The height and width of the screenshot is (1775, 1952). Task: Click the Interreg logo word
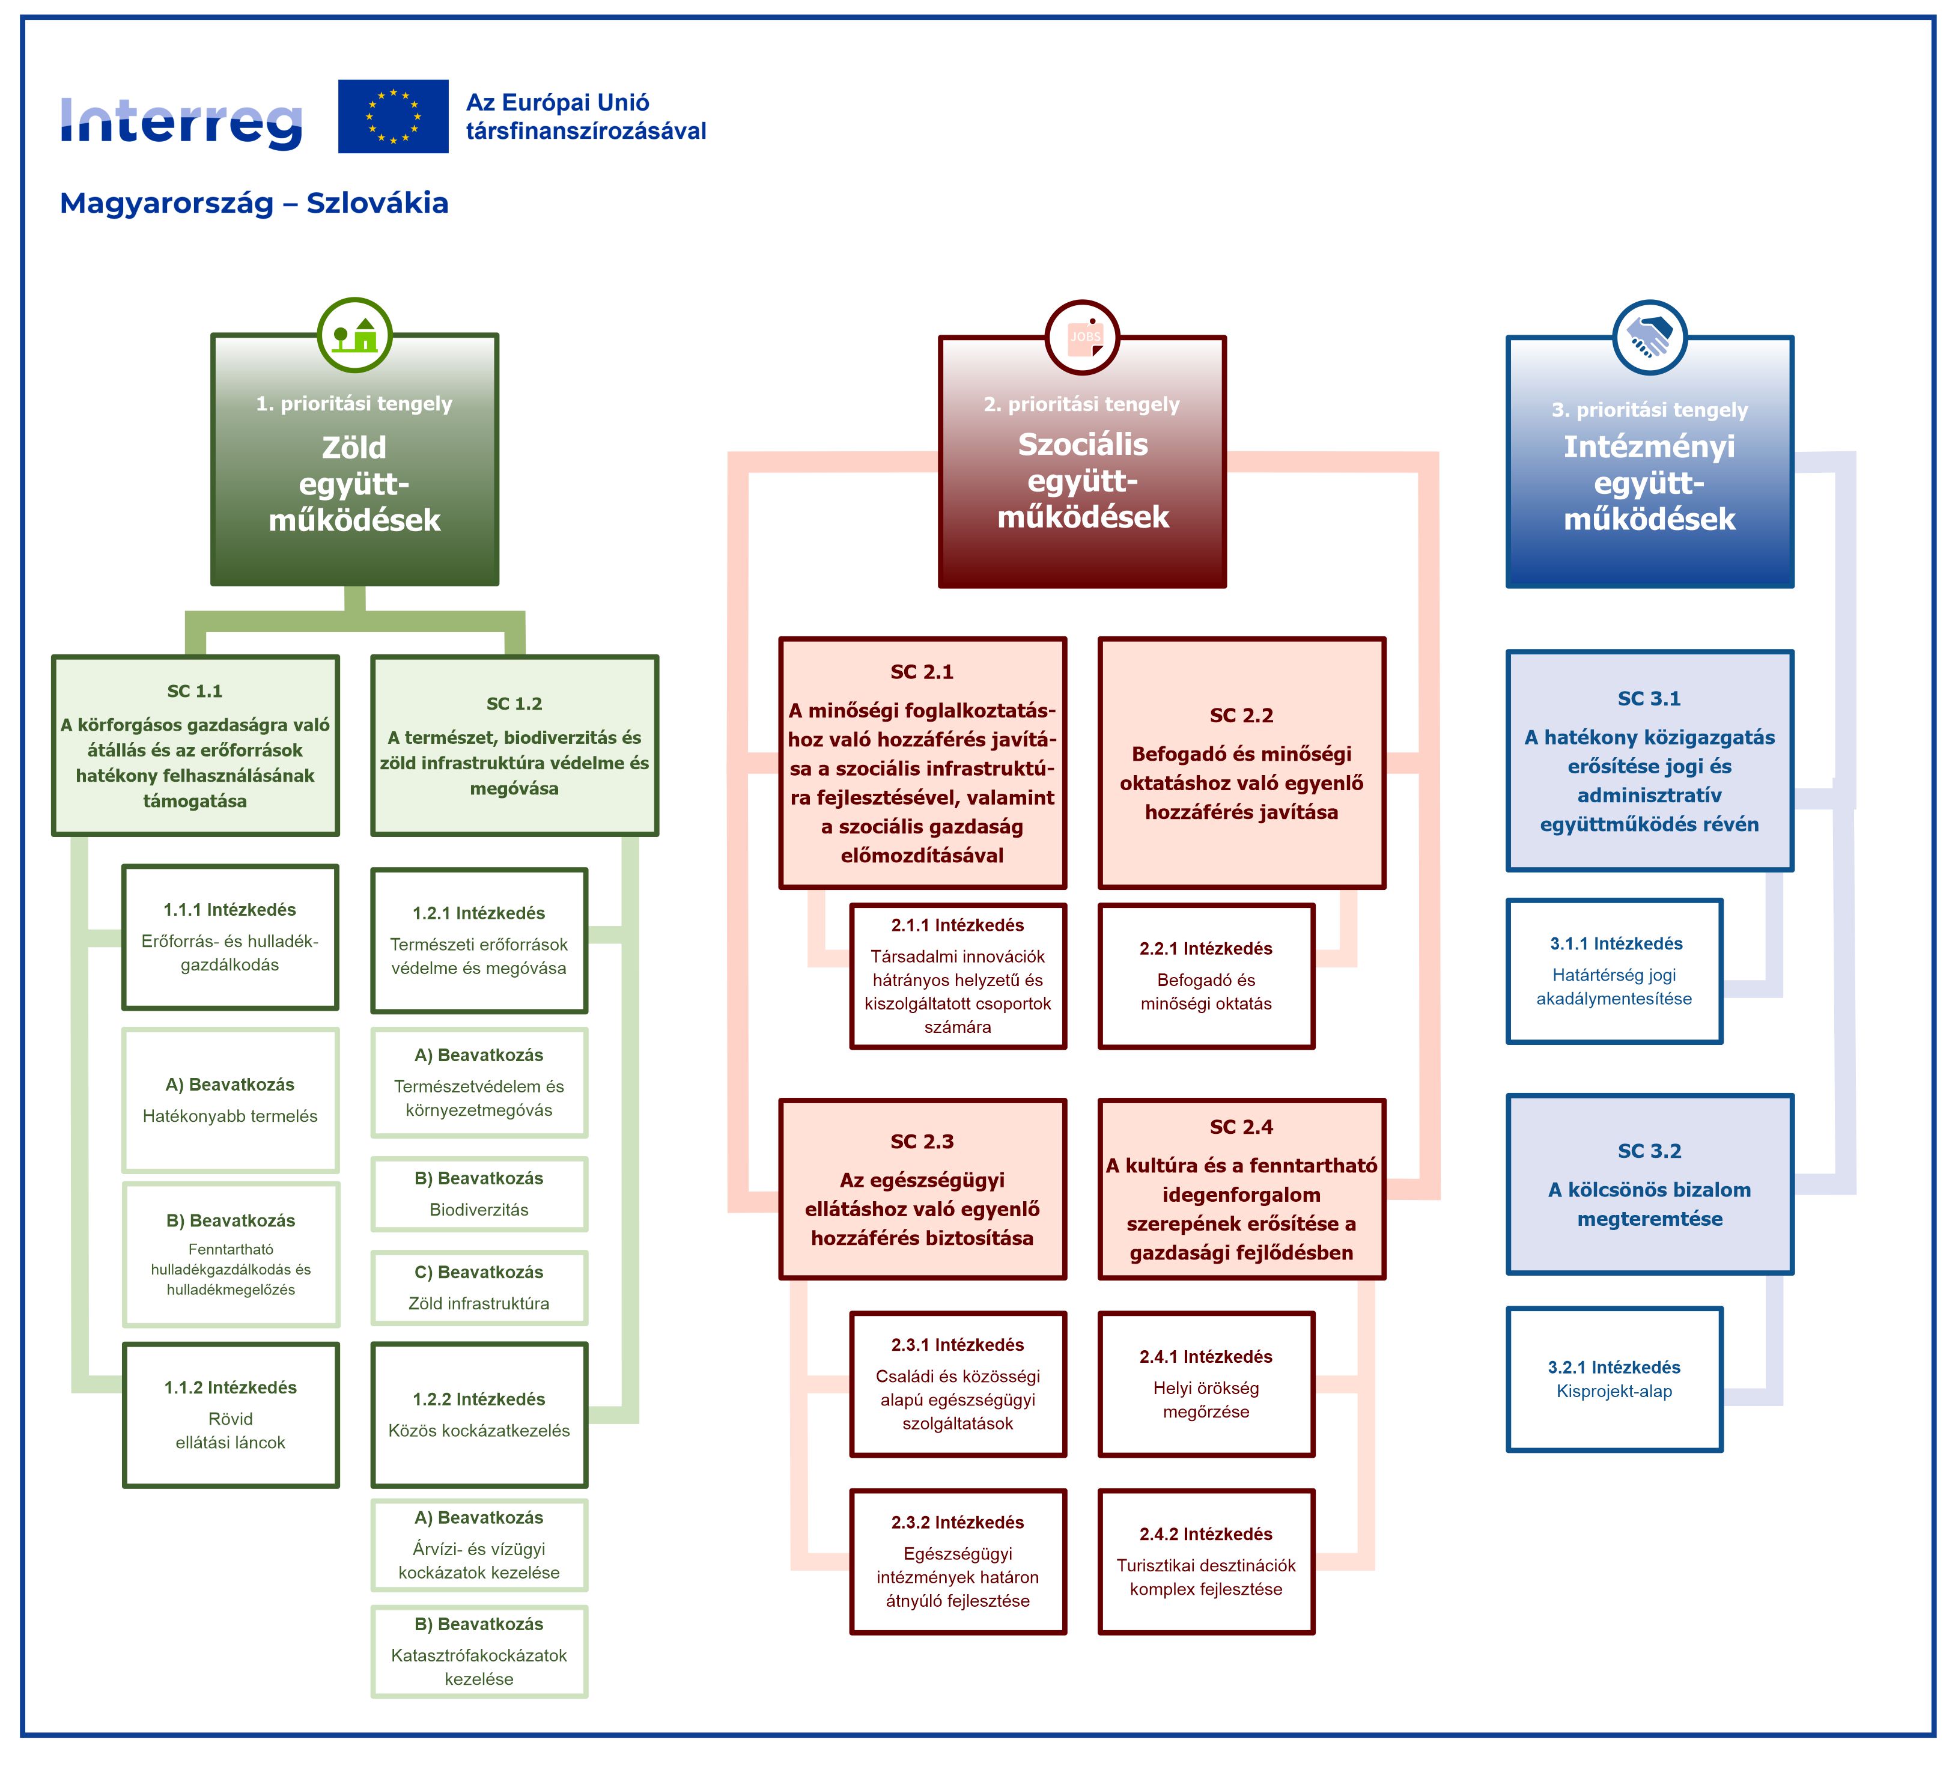tap(181, 123)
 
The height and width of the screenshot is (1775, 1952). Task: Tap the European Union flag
tap(393, 116)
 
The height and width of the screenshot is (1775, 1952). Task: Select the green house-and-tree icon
tap(355, 335)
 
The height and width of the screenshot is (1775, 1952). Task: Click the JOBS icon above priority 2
tap(1083, 337)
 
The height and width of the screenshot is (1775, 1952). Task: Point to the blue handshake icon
tap(1650, 337)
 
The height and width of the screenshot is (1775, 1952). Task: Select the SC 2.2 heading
tap(1241, 716)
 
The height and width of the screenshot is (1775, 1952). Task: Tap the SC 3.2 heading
tap(1650, 1151)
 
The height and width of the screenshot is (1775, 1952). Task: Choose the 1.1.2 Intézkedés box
tap(231, 1414)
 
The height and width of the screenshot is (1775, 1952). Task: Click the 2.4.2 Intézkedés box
tap(1206, 1561)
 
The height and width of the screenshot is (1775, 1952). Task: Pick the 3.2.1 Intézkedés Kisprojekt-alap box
tap(1615, 1379)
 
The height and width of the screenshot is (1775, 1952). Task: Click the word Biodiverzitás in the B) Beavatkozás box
tap(479, 1210)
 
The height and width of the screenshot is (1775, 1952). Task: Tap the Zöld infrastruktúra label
tap(479, 1303)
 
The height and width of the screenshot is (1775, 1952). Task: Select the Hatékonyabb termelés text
tap(231, 1116)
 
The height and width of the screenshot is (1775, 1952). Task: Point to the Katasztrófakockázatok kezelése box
tap(479, 1651)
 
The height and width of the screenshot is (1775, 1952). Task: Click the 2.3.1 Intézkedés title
tap(958, 1345)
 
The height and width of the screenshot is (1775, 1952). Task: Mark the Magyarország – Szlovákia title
tap(254, 203)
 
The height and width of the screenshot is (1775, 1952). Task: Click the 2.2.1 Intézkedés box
tap(1206, 976)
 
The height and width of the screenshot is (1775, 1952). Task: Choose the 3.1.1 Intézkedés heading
tap(1616, 943)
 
